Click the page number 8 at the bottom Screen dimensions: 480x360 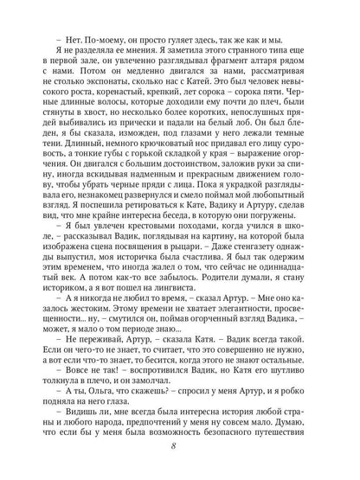[180, 445]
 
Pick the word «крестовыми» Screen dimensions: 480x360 [132, 239]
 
